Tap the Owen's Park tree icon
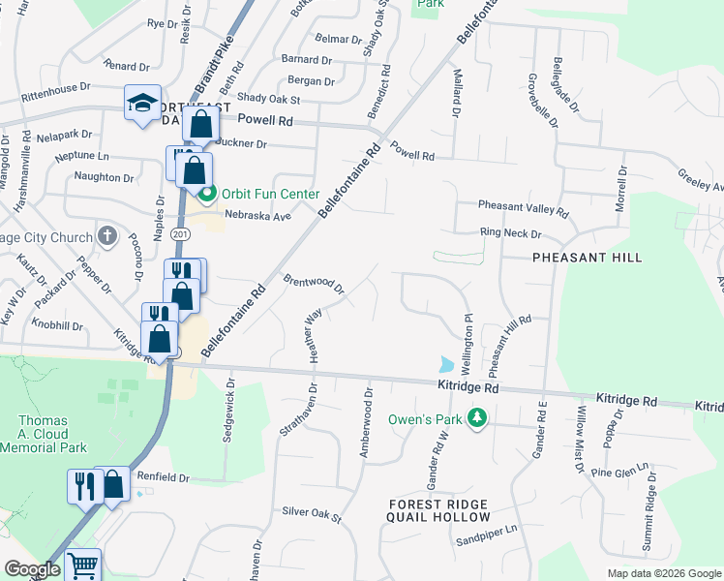click(x=476, y=418)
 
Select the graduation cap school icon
click(x=141, y=104)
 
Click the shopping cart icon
click(x=83, y=565)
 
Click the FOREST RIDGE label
click(x=437, y=504)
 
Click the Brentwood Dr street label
click(x=314, y=283)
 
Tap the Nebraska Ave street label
click(x=257, y=216)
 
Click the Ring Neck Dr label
click(x=511, y=233)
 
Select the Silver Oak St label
click(x=312, y=512)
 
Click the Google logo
click(x=32, y=569)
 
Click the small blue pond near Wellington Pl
click(x=445, y=365)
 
